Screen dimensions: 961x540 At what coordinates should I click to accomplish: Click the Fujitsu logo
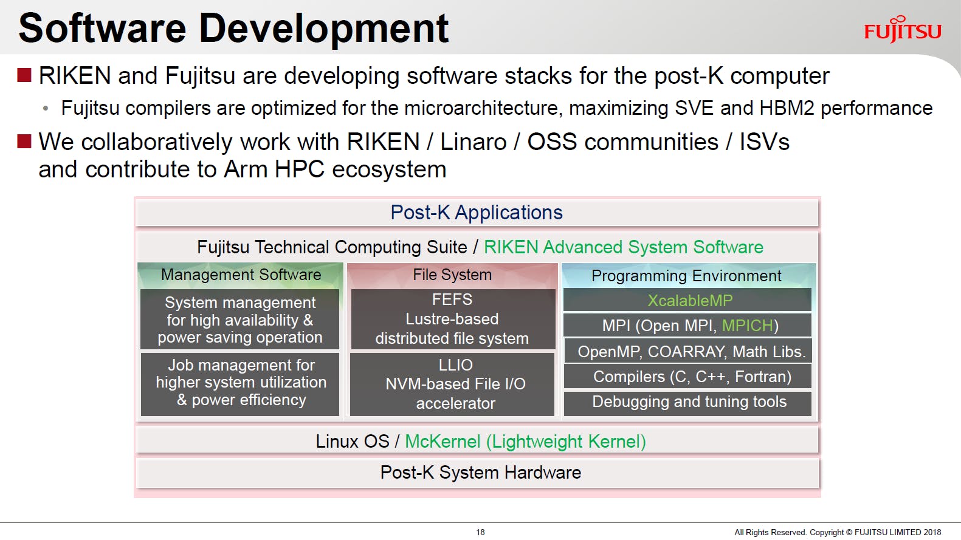click(x=902, y=30)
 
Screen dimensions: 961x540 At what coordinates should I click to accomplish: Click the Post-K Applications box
click(x=477, y=213)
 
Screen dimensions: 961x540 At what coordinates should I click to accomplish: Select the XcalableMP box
click(x=687, y=300)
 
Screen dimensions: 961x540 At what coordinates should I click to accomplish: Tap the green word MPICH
click(x=748, y=326)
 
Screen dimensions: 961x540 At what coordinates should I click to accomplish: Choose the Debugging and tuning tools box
click(x=687, y=403)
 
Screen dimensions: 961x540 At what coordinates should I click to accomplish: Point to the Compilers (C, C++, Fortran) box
click(x=687, y=377)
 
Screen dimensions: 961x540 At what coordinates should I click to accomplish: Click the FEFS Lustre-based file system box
click(x=453, y=320)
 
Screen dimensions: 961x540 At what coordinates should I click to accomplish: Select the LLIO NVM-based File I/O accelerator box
click(x=453, y=384)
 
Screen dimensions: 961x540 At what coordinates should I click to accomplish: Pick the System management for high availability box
click(x=240, y=320)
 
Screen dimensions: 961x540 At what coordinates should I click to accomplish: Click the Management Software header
click(x=241, y=275)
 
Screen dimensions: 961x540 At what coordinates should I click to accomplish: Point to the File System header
click(x=452, y=275)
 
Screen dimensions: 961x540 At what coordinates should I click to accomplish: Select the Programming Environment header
click(x=686, y=276)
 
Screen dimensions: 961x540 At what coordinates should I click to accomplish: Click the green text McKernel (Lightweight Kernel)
click(x=526, y=442)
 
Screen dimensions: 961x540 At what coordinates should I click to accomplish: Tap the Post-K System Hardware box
click(x=477, y=473)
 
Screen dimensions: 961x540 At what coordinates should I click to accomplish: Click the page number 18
click(x=480, y=532)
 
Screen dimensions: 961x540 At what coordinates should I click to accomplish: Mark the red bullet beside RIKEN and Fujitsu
click(x=24, y=75)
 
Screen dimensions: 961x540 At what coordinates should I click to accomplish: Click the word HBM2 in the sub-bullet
click(x=787, y=108)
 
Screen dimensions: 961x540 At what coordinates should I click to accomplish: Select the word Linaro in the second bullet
click(x=474, y=142)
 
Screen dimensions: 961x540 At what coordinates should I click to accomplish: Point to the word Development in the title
click(x=324, y=29)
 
